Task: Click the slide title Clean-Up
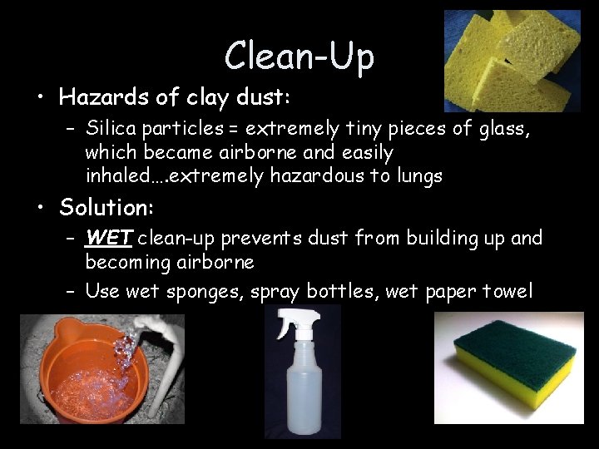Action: click(299, 56)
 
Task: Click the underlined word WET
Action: click(108, 239)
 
